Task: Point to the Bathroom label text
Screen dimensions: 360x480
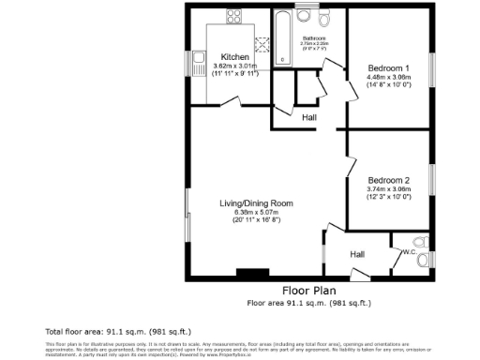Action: pos(312,37)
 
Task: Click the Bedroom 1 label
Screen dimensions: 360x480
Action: pos(388,68)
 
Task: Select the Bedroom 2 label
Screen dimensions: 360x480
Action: pos(388,180)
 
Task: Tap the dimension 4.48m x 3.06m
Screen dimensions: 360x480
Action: pos(388,78)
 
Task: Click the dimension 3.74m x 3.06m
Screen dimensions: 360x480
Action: pos(388,189)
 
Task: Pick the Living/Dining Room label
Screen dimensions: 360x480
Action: pos(257,203)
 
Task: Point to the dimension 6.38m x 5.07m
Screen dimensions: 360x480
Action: pos(257,213)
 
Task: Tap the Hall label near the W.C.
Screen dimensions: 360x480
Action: pos(357,254)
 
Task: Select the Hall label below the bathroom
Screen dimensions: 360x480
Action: pos(309,117)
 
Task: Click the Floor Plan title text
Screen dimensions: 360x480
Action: pos(308,291)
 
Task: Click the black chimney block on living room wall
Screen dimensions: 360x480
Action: pos(248,274)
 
